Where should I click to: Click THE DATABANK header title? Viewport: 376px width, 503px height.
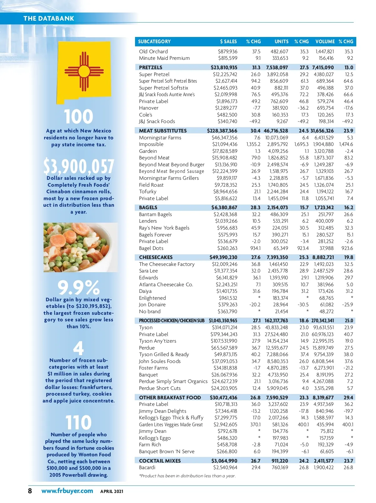(49, 18)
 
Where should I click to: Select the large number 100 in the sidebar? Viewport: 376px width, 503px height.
(79, 117)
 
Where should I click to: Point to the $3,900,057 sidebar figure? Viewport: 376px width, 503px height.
(79, 166)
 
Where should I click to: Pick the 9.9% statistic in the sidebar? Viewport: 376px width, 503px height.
(79, 287)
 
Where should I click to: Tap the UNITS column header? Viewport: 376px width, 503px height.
(281, 42)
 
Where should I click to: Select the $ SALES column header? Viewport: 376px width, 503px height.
(228, 42)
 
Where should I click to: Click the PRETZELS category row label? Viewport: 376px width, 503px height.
(151, 68)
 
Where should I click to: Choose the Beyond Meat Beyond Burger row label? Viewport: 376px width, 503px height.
(172, 165)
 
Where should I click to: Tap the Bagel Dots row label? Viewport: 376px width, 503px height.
(151, 248)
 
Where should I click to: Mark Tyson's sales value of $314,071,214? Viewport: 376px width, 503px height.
(225, 328)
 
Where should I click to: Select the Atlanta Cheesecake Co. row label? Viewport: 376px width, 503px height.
(166, 285)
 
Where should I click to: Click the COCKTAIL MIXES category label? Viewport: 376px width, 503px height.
(160, 461)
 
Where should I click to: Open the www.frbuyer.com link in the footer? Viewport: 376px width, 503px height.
(67, 491)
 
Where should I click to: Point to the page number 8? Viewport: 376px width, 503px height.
(30, 491)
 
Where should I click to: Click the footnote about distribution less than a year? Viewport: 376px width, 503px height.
(187, 476)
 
